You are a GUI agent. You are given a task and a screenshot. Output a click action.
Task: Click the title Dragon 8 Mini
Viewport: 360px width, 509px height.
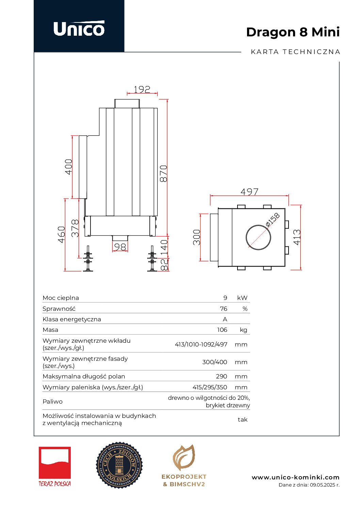293,32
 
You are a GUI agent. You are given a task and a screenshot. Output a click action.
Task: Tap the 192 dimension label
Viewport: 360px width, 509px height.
142,89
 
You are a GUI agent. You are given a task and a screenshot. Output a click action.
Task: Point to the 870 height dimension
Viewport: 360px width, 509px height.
164,173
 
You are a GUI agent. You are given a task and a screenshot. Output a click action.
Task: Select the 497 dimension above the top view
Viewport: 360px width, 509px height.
249,192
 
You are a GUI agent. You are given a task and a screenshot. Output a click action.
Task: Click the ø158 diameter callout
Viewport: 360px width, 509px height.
273,219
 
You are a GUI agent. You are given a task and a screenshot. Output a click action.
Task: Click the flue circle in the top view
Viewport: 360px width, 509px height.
258,237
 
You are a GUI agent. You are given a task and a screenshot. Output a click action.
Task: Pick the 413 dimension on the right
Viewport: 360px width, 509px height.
297,237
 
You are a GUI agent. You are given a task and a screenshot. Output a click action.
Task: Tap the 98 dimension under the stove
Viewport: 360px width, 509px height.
120,247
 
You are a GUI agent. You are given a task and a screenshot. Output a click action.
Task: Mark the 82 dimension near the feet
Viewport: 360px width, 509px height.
164,265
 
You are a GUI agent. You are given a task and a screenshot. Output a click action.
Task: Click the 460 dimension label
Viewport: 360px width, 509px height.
61,234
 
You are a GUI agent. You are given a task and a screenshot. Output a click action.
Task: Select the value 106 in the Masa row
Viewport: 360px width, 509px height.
222,330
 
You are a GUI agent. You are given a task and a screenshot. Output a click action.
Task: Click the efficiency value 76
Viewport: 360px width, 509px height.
223,309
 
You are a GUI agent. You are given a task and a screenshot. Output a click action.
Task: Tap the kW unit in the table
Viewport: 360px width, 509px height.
242,298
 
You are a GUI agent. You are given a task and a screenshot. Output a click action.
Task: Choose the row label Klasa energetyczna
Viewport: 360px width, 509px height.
72,319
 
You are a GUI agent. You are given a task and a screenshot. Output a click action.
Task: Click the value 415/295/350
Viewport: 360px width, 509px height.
210,387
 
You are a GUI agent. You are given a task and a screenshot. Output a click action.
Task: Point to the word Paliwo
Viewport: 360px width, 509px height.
52,402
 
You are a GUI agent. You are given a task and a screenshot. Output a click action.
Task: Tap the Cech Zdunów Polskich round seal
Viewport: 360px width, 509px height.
119,465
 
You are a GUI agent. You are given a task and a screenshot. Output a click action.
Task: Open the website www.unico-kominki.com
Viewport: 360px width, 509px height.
295,477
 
